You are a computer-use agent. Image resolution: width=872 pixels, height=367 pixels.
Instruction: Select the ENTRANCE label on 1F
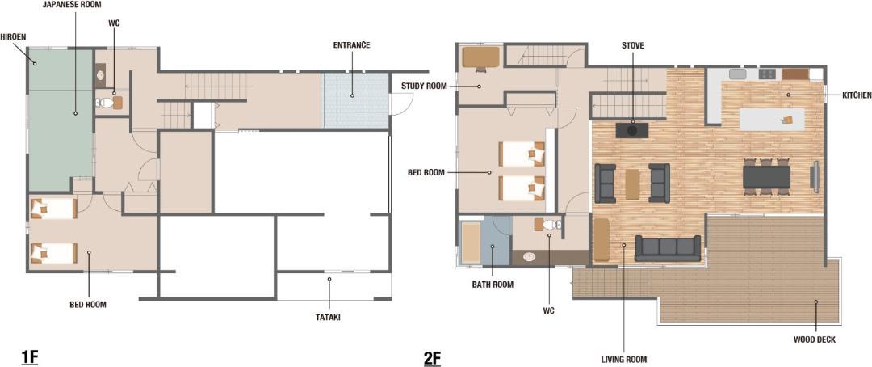click(x=352, y=45)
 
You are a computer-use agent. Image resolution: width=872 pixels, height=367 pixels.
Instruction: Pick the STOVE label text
click(x=633, y=45)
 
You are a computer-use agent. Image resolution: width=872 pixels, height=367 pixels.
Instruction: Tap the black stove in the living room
click(x=632, y=130)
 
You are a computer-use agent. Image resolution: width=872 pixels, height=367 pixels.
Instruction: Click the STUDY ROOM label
click(x=422, y=86)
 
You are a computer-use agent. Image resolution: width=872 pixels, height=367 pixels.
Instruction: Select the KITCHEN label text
click(x=857, y=95)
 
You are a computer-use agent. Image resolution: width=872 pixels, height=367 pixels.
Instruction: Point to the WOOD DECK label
click(x=815, y=340)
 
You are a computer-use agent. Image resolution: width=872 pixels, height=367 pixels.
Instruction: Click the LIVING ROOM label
click(x=624, y=360)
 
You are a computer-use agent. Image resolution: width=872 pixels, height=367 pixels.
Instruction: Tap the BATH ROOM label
click(x=493, y=285)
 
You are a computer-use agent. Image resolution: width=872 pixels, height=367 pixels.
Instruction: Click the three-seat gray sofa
click(x=668, y=248)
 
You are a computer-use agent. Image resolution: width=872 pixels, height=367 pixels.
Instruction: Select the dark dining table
click(x=767, y=177)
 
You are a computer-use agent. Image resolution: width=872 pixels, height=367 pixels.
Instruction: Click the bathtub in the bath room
click(x=471, y=243)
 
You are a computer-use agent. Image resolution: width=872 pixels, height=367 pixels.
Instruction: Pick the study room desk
click(x=481, y=57)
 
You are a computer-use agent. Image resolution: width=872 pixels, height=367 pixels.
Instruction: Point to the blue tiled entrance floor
click(x=354, y=101)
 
